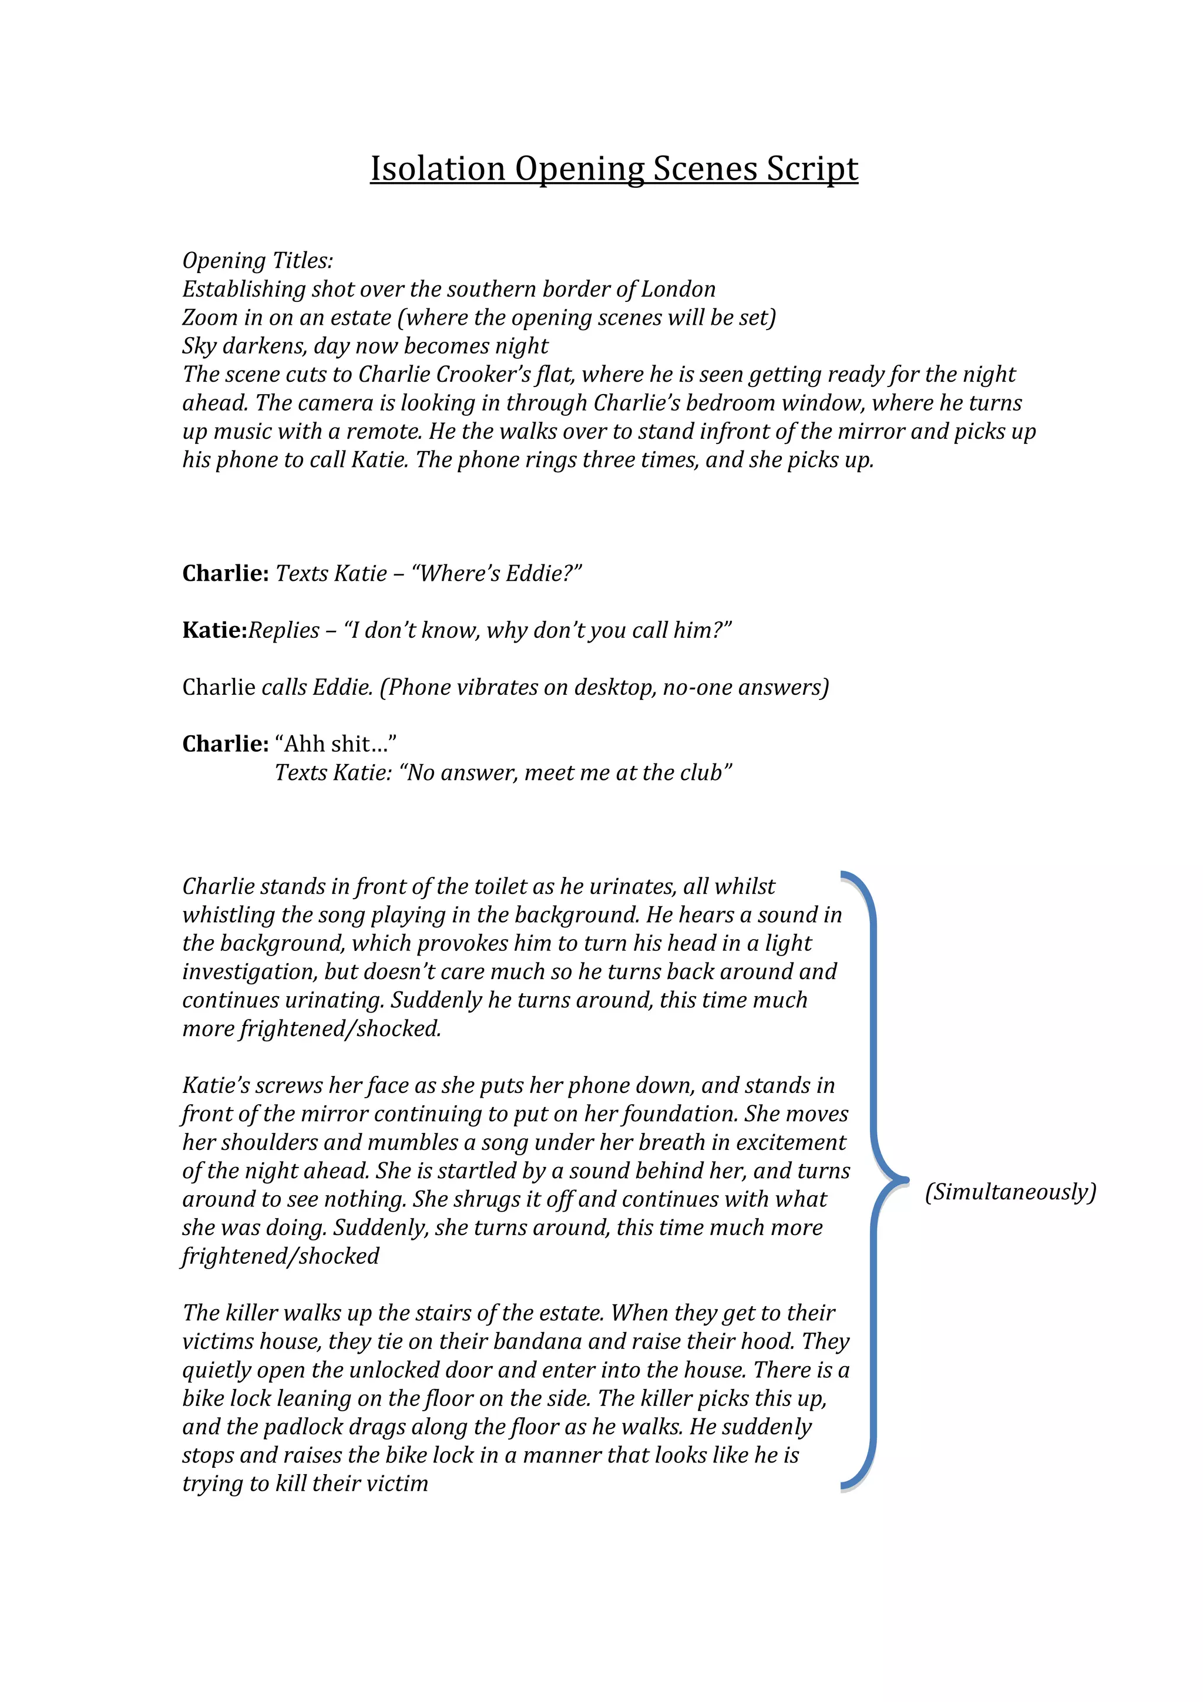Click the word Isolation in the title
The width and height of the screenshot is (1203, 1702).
point(437,169)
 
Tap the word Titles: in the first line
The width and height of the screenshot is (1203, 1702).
point(303,261)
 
